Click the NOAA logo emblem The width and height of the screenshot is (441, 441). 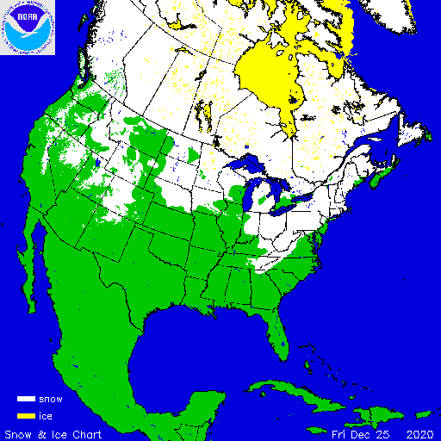tap(28, 28)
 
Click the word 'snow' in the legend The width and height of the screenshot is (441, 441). tap(52, 400)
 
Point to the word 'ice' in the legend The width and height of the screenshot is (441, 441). tap(47, 416)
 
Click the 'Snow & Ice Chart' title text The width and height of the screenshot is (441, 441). tap(54, 432)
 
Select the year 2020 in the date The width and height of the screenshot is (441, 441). tap(420, 432)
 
